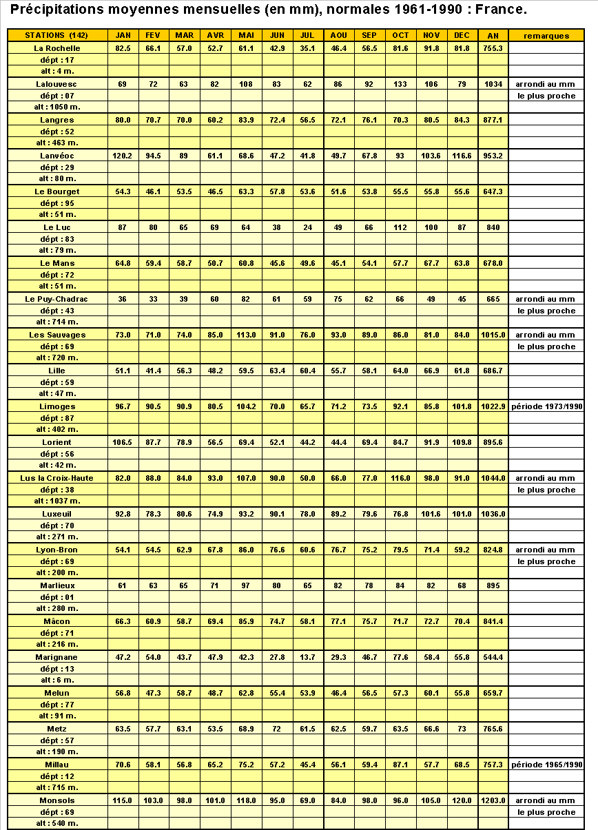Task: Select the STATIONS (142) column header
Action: point(56,36)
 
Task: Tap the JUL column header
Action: point(307,36)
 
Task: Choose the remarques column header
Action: point(546,36)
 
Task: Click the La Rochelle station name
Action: point(57,48)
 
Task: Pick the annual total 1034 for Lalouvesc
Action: point(493,84)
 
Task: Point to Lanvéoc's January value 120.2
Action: point(123,156)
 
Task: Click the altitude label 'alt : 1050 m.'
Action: point(57,107)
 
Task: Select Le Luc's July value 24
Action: point(307,227)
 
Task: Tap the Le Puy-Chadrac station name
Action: point(56,299)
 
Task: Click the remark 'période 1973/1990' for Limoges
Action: point(546,406)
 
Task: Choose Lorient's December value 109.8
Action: point(462,442)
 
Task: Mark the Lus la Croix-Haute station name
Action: point(56,478)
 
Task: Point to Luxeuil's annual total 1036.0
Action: point(493,514)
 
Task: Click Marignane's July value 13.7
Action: point(307,657)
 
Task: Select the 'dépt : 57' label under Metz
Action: point(57,740)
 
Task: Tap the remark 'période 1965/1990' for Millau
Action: point(546,765)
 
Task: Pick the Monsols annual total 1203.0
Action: point(493,800)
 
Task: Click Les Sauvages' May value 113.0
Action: point(246,335)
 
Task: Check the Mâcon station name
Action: point(57,621)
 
